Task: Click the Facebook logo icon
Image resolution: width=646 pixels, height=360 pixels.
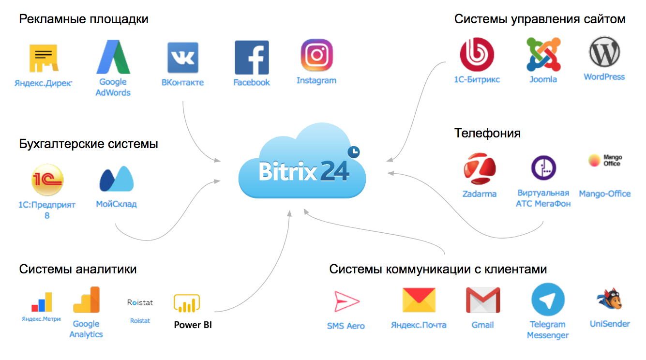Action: point(252,57)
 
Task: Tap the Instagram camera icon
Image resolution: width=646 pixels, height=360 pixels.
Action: point(317,55)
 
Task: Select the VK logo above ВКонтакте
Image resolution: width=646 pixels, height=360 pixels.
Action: point(183,58)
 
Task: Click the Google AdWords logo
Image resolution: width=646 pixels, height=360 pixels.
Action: point(113,57)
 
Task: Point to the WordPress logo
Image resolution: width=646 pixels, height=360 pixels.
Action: point(604,52)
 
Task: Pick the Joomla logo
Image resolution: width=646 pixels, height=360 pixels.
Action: point(543,54)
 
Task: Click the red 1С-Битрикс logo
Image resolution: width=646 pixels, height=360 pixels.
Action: point(477,55)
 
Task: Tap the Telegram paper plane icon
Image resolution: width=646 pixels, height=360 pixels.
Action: point(548,300)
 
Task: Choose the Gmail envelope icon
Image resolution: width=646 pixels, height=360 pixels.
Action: point(482,300)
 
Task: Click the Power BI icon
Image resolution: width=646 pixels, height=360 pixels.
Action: point(187,303)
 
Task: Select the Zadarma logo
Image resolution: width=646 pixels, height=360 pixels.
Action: point(480,170)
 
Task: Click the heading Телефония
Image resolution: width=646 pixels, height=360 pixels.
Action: point(487,133)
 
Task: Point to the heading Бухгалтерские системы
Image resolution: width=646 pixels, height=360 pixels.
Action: point(89,144)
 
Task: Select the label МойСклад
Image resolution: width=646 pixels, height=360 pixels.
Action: point(116,204)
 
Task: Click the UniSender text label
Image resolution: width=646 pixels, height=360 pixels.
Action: point(610,324)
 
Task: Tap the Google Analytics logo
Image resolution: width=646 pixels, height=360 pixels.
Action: point(86,300)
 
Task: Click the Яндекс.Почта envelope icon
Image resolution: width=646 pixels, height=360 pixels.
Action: point(419,300)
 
